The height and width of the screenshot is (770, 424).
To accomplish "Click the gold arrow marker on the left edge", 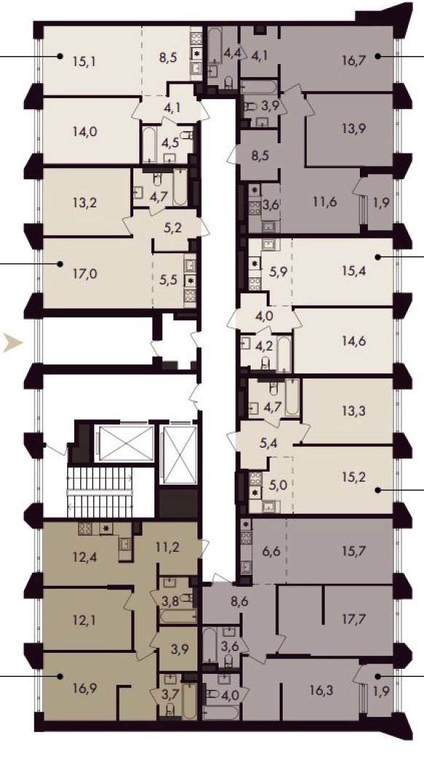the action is click(12, 343).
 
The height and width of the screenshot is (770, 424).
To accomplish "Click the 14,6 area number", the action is click(354, 341).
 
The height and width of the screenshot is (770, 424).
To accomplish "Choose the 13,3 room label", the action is click(354, 410).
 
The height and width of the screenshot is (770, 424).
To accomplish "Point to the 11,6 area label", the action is click(326, 202).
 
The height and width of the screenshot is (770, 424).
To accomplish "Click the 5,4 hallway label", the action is click(268, 445).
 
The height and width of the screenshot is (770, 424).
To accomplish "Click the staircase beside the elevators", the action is click(101, 491).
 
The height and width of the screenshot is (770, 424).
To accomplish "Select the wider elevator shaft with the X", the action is click(125, 443).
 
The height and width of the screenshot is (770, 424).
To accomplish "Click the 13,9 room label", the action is click(354, 129).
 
